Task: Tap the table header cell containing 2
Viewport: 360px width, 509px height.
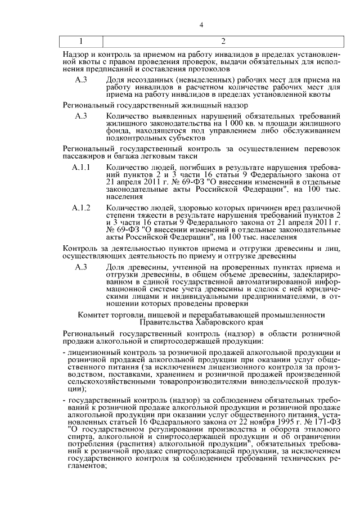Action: coord(223,41)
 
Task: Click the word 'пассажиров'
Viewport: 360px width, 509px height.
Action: coord(84,156)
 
